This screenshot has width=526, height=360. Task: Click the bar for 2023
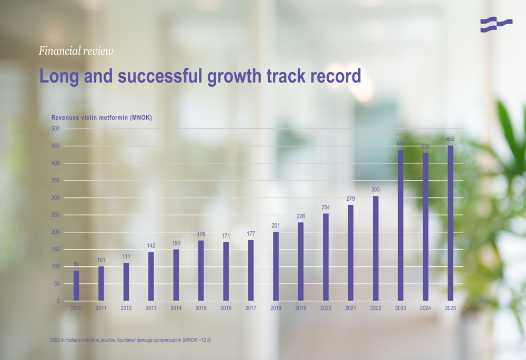coord(400,225)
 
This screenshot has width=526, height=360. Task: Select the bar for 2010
coord(76,285)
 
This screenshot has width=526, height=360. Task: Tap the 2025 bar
coord(450,223)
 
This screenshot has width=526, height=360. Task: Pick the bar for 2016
coord(226,271)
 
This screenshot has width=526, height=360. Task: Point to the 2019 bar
coord(300,261)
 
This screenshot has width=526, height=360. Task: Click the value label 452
coord(450,139)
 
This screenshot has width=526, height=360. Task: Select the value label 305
coord(376,189)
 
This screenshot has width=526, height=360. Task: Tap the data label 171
coord(226,235)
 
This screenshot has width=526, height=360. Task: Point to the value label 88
coord(76,264)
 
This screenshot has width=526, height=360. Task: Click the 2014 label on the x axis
coord(176,308)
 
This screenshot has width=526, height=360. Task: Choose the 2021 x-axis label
coord(350,308)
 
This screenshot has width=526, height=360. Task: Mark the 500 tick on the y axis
coord(55,129)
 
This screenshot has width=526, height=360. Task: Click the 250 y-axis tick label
coord(55,215)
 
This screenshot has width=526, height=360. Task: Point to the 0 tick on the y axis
coord(58,301)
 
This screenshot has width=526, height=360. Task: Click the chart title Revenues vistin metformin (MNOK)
coord(102,118)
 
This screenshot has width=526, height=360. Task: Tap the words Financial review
coord(76,50)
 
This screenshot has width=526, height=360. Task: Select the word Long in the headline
coord(59,77)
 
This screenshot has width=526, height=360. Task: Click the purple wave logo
coord(496,25)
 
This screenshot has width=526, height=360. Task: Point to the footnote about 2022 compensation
coord(130,340)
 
